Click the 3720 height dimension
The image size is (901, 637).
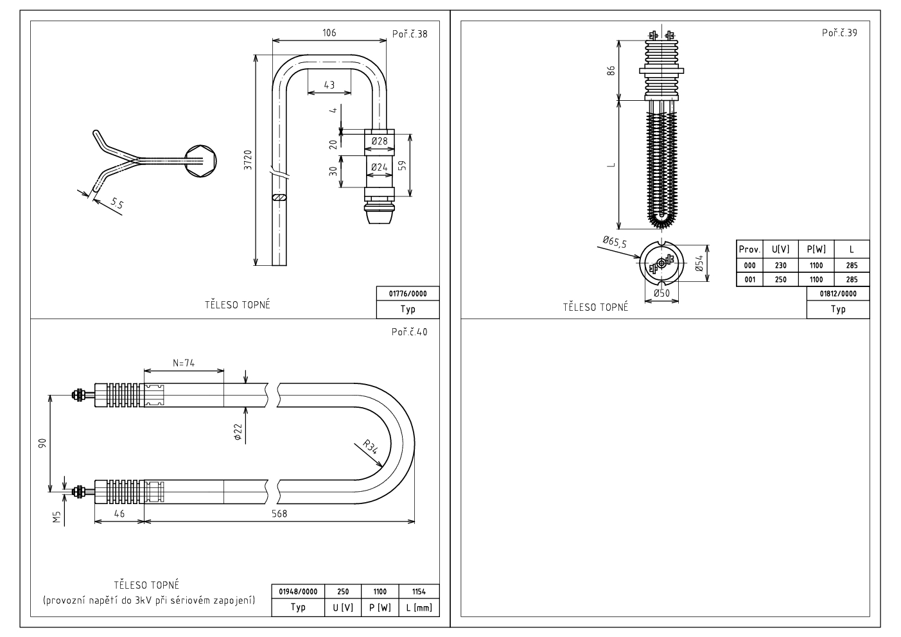(x=248, y=160)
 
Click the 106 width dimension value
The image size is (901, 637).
(x=329, y=33)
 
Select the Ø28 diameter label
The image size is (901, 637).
(x=380, y=141)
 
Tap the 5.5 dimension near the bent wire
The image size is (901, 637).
(x=116, y=204)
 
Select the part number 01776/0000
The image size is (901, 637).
(x=408, y=294)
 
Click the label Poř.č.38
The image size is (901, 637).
(x=409, y=33)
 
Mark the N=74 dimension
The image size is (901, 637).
(x=184, y=363)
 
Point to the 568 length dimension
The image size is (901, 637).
(x=279, y=514)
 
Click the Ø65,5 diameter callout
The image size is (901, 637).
(x=614, y=241)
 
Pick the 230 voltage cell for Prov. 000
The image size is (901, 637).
(x=780, y=265)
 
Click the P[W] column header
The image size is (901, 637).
(x=816, y=249)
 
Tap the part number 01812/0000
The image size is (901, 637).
(x=838, y=293)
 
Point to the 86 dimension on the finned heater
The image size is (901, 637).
(x=611, y=70)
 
